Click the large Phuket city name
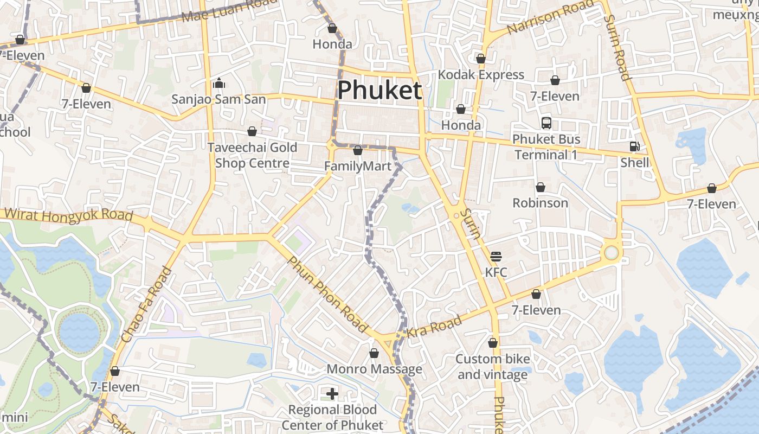(x=379, y=90)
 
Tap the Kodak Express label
(x=481, y=74)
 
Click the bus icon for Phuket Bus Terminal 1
(x=546, y=123)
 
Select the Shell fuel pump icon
(x=634, y=146)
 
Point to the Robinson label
(x=541, y=203)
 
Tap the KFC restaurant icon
(x=496, y=256)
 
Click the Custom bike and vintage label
(x=493, y=367)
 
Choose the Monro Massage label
(x=374, y=369)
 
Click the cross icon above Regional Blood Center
(x=332, y=393)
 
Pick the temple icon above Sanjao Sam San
(x=219, y=83)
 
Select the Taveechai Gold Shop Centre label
(x=253, y=155)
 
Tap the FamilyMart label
(x=358, y=166)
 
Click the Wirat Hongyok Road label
(x=68, y=215)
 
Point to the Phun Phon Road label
(x=328, y=295)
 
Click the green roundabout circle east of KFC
(x=612, y=253)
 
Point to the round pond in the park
(x=80, y=331)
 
